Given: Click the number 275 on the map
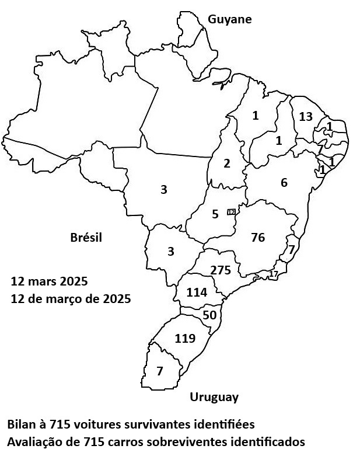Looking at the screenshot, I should [x=221, y=270].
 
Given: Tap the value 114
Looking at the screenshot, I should [x=197, y=293].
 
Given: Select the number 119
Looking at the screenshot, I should [x=184, y=339].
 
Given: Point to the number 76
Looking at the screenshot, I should [x=257, y=238].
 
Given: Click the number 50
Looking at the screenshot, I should [x=209, y=315].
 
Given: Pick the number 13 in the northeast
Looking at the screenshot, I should [x=306, y=117].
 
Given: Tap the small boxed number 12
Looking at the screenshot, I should [x=231, y=212].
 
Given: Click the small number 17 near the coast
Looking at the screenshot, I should [x=274, y=273].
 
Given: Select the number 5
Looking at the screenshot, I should [x=215, y=214].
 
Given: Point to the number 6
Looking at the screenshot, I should [x=284, y=183].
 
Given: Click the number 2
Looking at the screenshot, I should [x=227, y=163].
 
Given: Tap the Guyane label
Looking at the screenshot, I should [x=230, y=19].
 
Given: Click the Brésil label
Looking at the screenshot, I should [x=86, y=238].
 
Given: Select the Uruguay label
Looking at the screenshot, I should [x=214, y=398].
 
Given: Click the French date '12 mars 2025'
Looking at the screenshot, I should [x=49, y=281].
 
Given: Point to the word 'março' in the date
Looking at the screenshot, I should [x=79, y=298].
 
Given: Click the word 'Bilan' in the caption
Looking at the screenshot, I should [x=22, y=423].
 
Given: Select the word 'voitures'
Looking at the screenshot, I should [x=107, y=423].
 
